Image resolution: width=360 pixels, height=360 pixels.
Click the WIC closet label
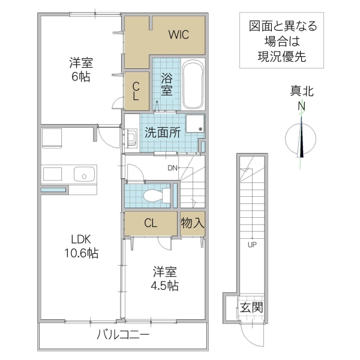(178, 34)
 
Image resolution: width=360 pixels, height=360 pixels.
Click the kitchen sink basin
(83, 175)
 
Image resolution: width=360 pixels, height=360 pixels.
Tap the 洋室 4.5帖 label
(164, 277)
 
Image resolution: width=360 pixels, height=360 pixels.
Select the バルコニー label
(123, 334)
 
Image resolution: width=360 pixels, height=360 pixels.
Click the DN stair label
(173, 167)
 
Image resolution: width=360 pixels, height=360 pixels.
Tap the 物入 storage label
(193, 223)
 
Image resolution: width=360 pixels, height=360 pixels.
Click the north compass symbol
(302, 140)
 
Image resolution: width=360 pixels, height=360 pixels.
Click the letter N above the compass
(302, 107)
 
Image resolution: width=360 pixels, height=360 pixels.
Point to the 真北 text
(302, 92)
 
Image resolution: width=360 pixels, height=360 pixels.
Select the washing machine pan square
(195, 123)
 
